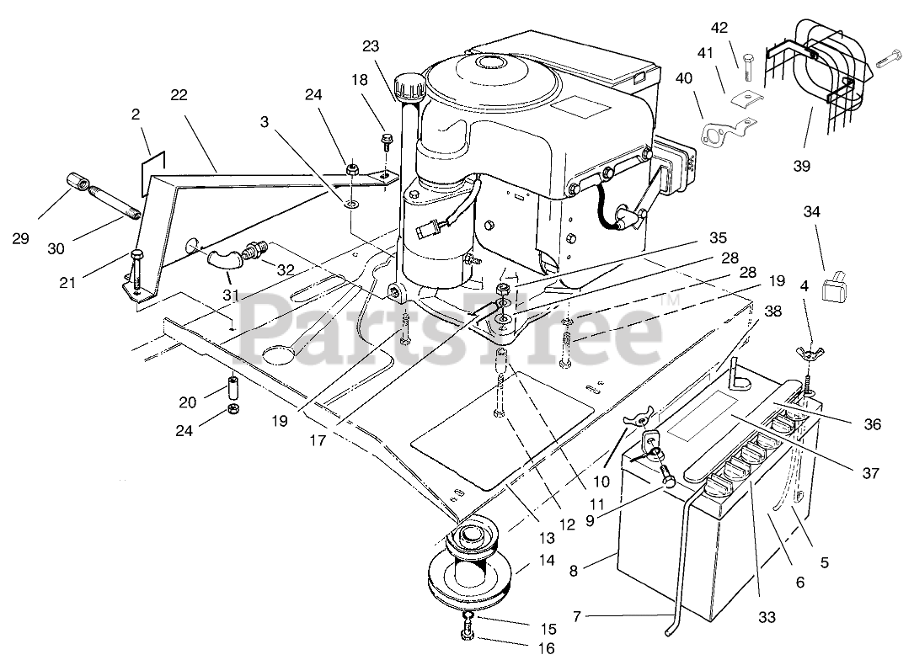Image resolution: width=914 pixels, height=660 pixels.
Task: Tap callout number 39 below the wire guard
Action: point(801,166)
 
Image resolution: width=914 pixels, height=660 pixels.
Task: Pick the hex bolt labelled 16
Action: point(467,631)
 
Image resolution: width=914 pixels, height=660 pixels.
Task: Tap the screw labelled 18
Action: point(386,138)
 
